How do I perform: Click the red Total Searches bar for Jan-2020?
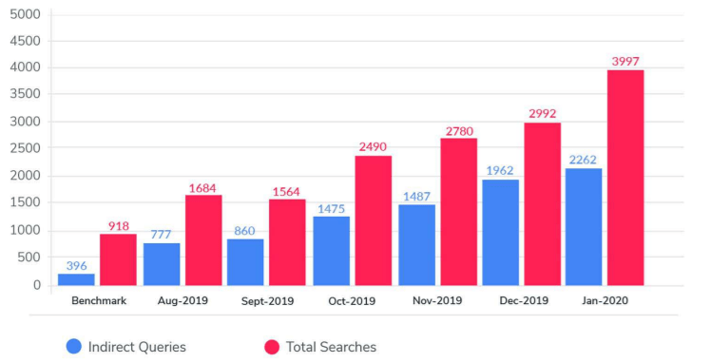coord(625,178)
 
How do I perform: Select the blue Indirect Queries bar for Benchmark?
coord(76,279)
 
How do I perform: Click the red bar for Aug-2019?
coord(203,240)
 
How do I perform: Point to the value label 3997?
coord(625,62)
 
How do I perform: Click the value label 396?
coord(76,265)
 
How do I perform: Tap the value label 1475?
coord(331,208)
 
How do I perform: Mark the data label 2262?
coord(584,160)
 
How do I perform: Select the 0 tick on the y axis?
coord(36,285)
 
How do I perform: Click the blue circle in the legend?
coord(74,347)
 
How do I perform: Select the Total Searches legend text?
coord(331,347)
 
